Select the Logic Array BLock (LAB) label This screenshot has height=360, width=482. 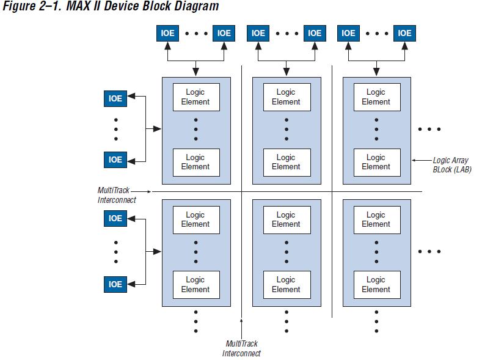pyautogui.click(x=450, y=164)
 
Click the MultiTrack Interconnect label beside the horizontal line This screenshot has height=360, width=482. pyautogui.click(x=116, y=196)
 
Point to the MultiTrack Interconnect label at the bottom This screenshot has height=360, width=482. pyautogui.click(x=241, y=349)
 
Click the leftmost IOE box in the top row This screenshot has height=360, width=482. pyautogui.click(x=168, y=33)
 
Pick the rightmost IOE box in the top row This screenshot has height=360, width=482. pyautogui.click(x=404, y=33)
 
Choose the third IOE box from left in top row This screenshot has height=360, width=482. pyautogui.click(x=258, y=33)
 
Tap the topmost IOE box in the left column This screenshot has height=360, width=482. pyautogui.click(x=115, y=98)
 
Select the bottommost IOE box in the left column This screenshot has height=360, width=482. pyautogui.click(x=115, y=284)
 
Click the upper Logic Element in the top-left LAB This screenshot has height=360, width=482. pyautogui.click(x=195, y=97)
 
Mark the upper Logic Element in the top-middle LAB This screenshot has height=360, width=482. pyautogui.click(x=286, y=97)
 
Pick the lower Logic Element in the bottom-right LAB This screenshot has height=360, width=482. pyautogui.click(x=376, y=285)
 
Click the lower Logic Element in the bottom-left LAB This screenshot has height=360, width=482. pyautogui.click(x=195, y=285)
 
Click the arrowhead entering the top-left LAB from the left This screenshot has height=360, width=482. pyautogui.click(x=158, y=129)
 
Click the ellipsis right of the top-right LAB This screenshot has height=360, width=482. pyautogui.click(x=429, y=129)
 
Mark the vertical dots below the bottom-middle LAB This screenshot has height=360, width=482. pyautogui.click(x=286, y=321)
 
